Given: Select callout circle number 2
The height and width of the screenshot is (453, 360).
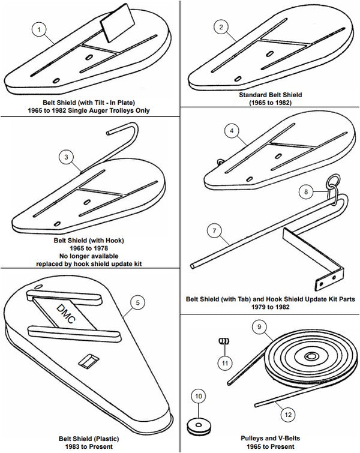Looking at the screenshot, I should pyautogui.click(x=221, y=28).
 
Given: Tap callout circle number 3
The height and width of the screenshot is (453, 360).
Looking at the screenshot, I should pyautogui.click(x=67, y=157).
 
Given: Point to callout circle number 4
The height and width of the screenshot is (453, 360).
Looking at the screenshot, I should pyautogui.click(x=232, y=130).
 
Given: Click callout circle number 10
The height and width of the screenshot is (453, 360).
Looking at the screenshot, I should pyautogui.click(x=198, y=396).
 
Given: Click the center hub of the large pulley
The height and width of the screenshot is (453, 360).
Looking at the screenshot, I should pyautogui.click(x=311, y=358).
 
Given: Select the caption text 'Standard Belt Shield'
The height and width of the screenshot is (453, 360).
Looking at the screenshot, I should pyautogui.click(x=270, y=95).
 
